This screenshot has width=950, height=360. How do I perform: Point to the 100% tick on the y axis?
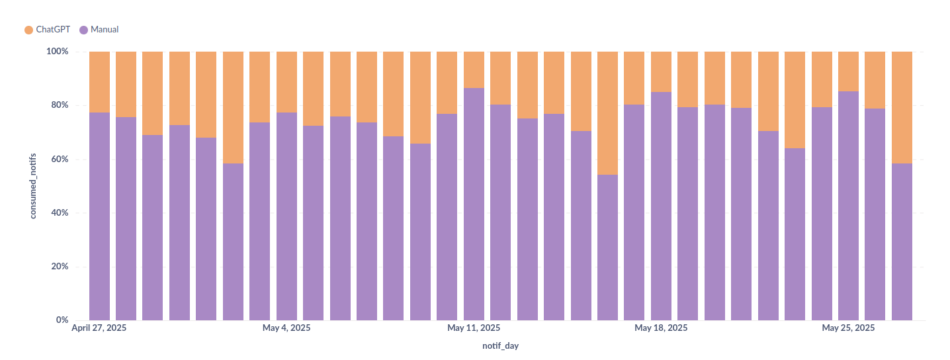click(58, 52)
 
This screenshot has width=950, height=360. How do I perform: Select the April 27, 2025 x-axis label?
click(99, 328)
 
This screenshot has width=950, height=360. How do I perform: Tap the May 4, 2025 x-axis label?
click(286, 328)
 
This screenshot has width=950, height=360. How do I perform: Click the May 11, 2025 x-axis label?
click(474, 328)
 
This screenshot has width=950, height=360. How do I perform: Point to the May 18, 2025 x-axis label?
click(661, 328)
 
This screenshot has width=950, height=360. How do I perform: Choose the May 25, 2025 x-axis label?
click(848, 328)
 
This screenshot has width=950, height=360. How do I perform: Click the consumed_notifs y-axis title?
click(32, 186)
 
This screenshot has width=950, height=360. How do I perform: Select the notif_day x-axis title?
click(500, 346)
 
